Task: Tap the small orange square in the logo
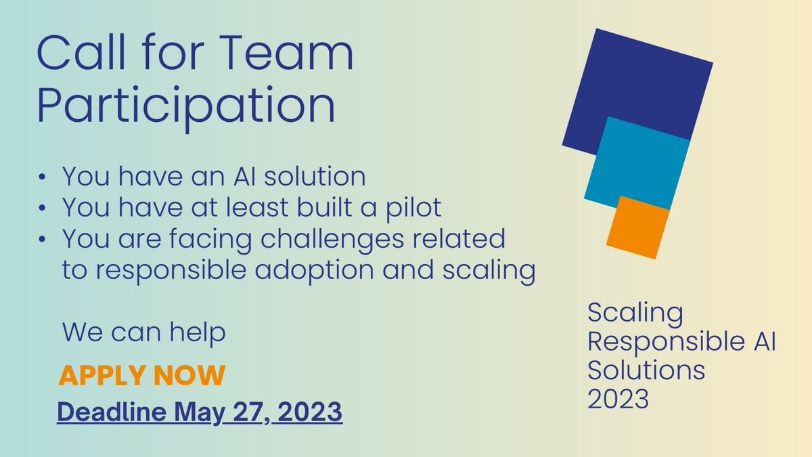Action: [637, 227]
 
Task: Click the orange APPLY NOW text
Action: [141, 376]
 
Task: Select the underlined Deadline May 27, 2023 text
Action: [200, 412]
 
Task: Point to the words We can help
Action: [143, 333]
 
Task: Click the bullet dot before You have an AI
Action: [43, 177]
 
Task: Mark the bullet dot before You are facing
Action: [43, 240]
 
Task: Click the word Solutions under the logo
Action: [646, 370]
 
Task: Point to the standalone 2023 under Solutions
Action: [618, 399]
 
